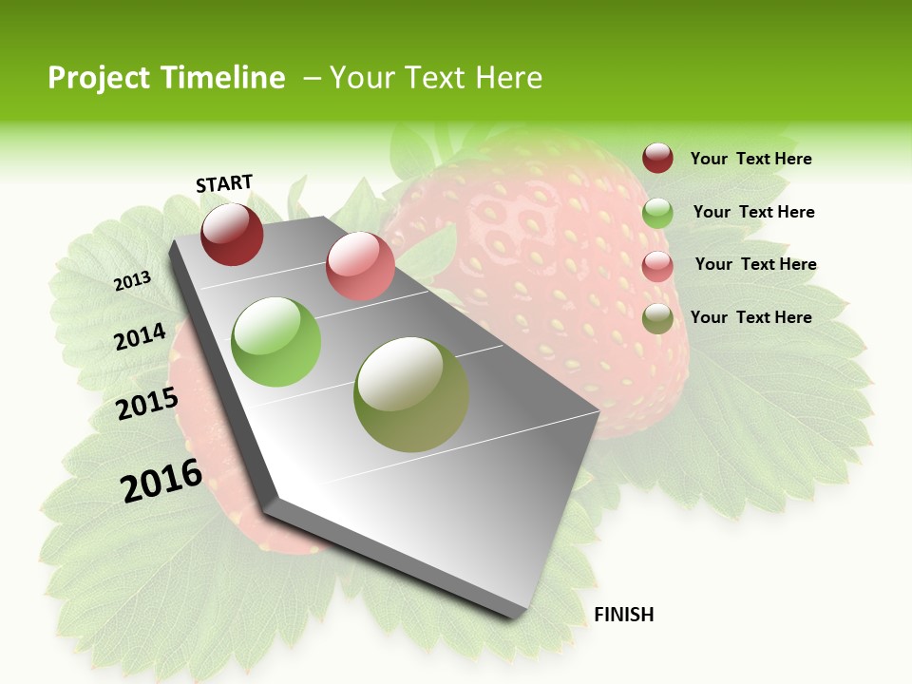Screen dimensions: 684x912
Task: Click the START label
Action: point(224,183)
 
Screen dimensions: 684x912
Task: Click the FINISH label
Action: point(623,615)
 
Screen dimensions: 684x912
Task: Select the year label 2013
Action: point(132,281)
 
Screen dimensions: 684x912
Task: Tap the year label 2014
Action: point(141,336)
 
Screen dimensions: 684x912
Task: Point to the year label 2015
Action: point(147,404)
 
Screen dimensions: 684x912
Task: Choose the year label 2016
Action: point(161,480)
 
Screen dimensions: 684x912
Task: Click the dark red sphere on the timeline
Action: point(232,234)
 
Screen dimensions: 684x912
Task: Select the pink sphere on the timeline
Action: point(360,265)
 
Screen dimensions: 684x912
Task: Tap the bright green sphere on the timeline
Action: point(276,341)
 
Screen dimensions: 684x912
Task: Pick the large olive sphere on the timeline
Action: point(411,394)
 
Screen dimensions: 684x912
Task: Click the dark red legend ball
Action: point(657,159)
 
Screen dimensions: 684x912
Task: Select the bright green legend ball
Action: point(657,213)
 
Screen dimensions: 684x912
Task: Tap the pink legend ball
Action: point(657,266)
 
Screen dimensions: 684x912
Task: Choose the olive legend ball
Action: point(657,319)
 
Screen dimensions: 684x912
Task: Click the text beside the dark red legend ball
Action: point(750,160)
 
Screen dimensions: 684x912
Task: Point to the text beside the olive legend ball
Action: point(750,317)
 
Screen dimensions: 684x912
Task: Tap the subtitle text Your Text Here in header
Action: point(436,78)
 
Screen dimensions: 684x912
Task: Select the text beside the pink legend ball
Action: point(755,264)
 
